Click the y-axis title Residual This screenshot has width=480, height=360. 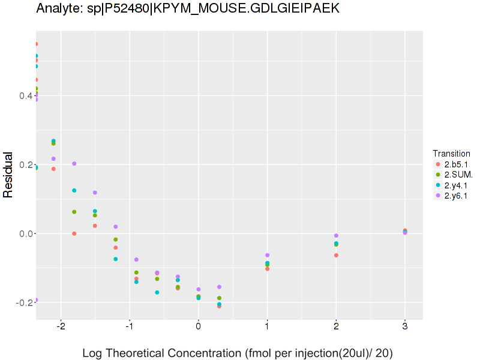tap(8, 175)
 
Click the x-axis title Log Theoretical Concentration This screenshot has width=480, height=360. tap(237, 353)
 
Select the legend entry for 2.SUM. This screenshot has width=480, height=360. tap(458, 174)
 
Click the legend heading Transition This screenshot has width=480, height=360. tap(451, 154)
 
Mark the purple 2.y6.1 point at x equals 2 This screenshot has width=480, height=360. tap(336, 236)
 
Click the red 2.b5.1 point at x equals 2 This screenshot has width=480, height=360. tap(336, 256)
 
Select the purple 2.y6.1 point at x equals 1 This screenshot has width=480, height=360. tap(267, 256)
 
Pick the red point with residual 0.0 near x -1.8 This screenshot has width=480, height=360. tap(74, 233)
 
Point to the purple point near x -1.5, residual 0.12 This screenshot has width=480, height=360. tap(95, 193)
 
